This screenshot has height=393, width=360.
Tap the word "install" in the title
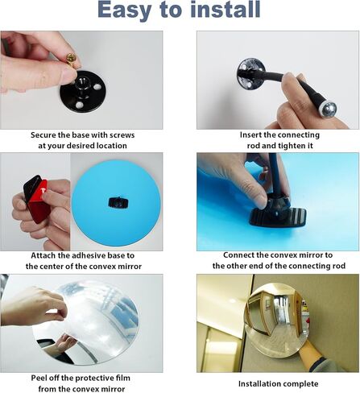226,9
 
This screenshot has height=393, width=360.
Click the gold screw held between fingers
72,60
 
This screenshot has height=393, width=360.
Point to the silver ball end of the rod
329,109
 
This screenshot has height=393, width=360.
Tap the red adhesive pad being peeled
37,200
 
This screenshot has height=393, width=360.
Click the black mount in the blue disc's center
118,202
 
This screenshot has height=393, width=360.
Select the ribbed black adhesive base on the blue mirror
278,215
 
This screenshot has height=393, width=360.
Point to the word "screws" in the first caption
122,134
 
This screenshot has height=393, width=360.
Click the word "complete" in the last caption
301,384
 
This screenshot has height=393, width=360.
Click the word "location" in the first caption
112,146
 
